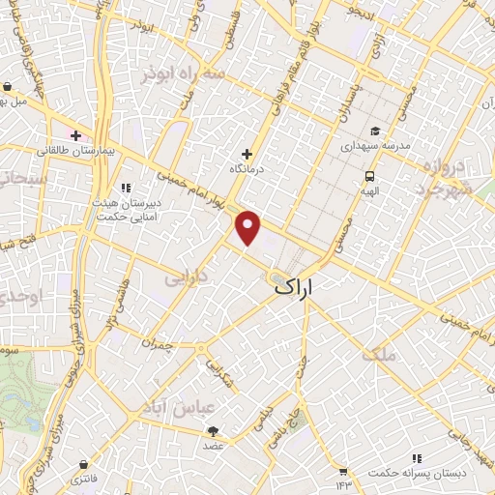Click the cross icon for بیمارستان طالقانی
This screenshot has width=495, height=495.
(75, 134)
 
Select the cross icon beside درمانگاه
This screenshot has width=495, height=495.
(247, 153)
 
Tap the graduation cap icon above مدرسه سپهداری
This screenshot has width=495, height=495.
(374, 131)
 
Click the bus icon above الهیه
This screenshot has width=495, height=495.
(369, 176)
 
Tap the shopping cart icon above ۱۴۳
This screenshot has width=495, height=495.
(342, 471)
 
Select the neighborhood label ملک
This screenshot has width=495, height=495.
(378, 355)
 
